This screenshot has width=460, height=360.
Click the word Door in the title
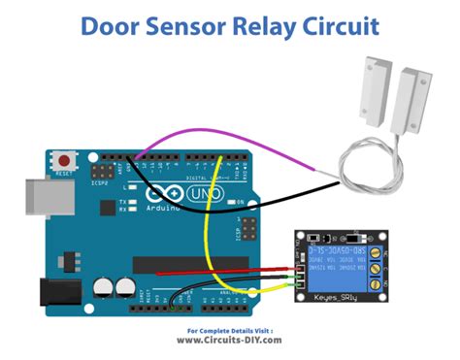(115, 25)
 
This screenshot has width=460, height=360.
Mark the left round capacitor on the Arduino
(105, 287)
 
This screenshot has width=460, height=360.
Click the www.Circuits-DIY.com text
(230, 340)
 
